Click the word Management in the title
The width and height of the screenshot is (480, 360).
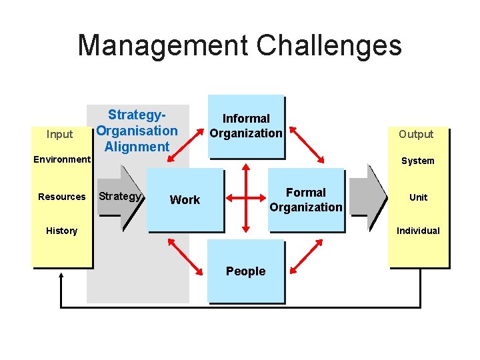(162, 46)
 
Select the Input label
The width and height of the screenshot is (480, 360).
(59, 134)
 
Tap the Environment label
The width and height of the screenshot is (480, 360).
(61, 159)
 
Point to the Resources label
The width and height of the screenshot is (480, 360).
(61, 197)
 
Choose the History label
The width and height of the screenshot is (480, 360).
(61, 231)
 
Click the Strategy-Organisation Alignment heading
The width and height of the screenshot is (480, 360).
(137, 131)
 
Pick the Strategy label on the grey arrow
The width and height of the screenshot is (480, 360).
(120, 196)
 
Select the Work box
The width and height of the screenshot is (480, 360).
(185, 199)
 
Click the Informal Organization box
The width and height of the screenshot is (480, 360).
(246, 126)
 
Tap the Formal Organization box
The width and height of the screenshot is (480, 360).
(306, 199)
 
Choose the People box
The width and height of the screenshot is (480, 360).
(245, 271)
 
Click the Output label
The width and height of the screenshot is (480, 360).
(416, 134)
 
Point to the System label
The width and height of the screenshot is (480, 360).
(417, 161)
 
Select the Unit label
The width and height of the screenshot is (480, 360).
(418, 197)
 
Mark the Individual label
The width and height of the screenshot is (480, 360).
(418, 231)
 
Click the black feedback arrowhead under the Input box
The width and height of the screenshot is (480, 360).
(61, 275)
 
